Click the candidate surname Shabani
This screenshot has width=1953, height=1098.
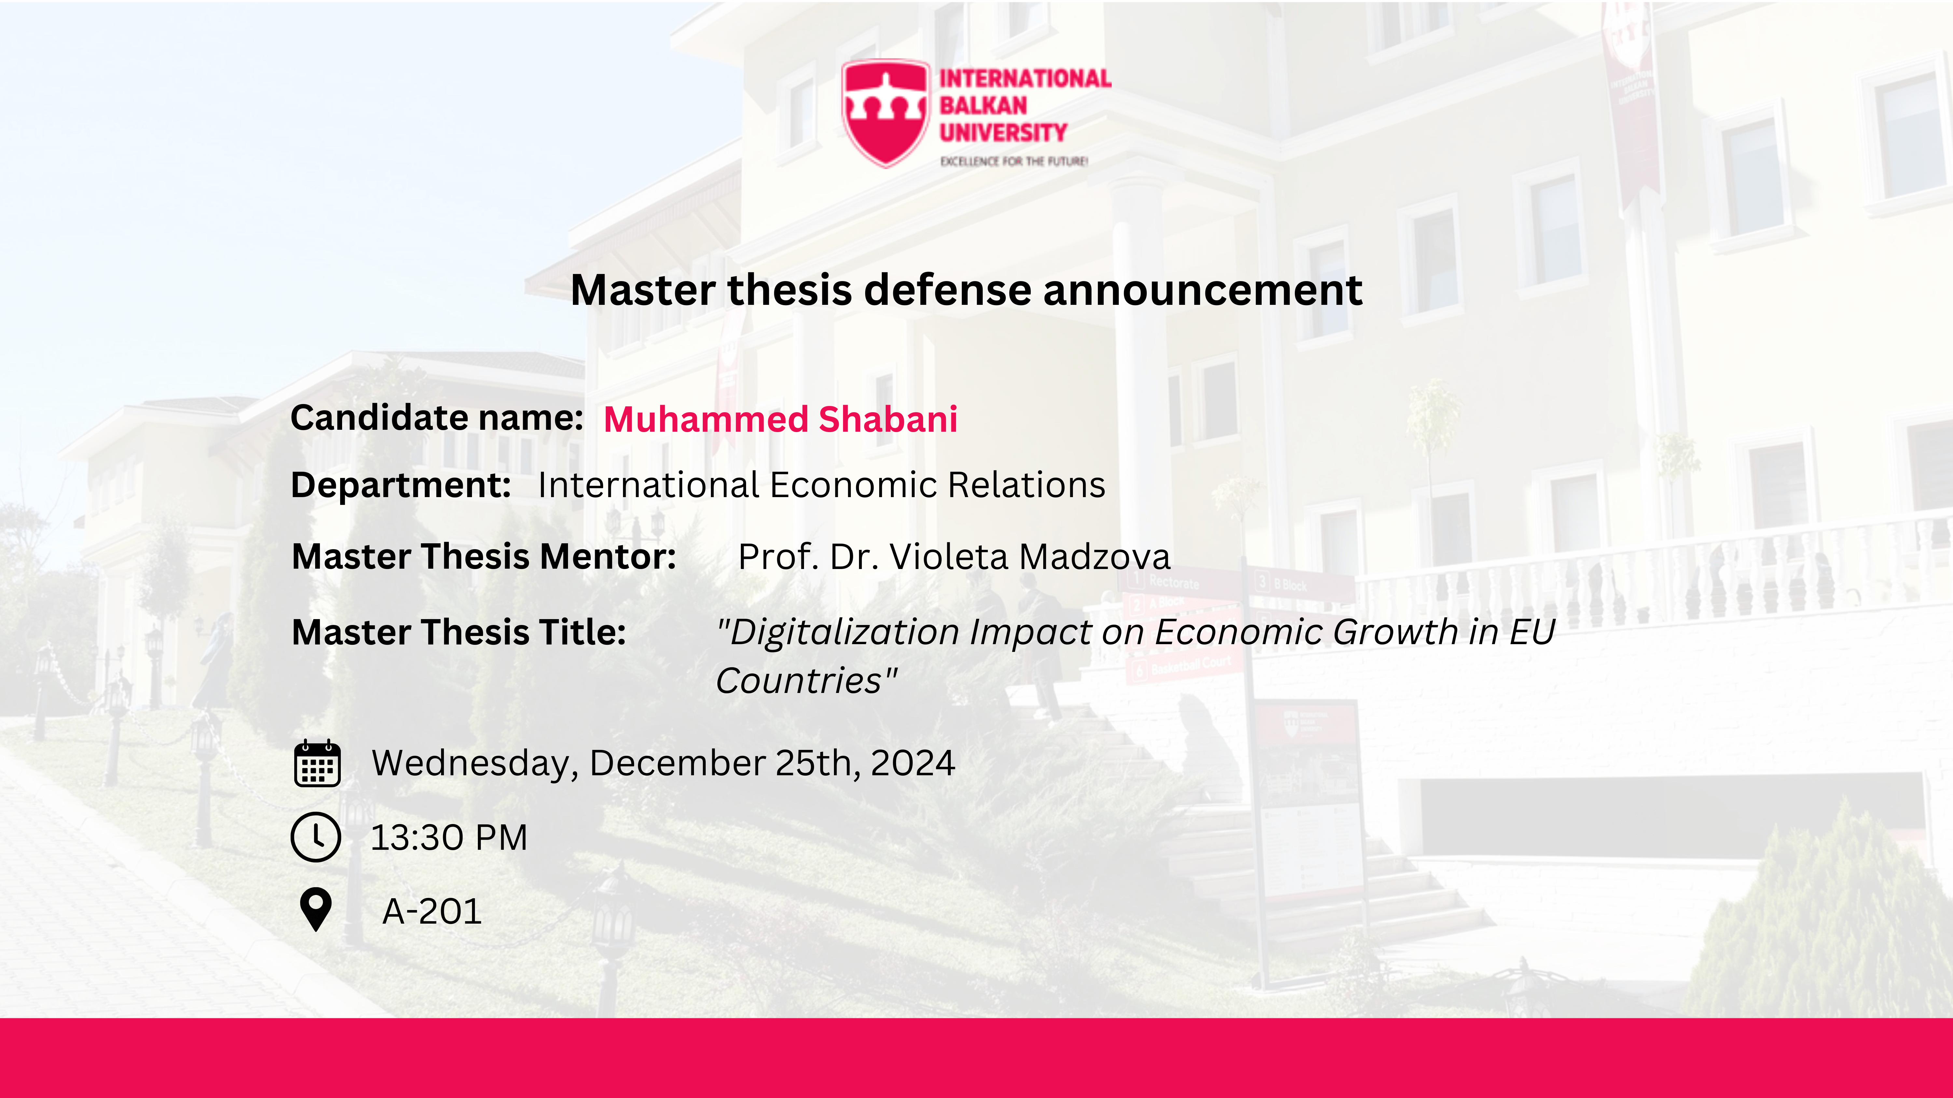click(x=888, y=419)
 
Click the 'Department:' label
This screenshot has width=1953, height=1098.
click(x=401, y=485)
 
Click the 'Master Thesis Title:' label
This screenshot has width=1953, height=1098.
click(x=459, y=632)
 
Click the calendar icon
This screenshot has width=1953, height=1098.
click(x=317, y=763)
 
